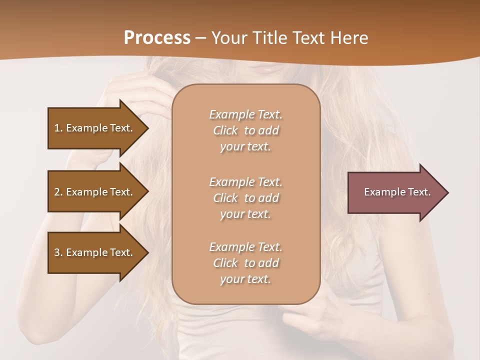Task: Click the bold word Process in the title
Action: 157,38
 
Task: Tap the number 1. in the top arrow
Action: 58,128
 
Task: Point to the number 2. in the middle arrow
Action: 58,192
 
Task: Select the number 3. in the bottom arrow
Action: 58,252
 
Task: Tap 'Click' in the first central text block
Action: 225,130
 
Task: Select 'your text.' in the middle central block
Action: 245,214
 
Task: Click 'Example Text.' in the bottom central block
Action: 245,247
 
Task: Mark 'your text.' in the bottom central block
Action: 245,279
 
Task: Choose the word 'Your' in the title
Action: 228,38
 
